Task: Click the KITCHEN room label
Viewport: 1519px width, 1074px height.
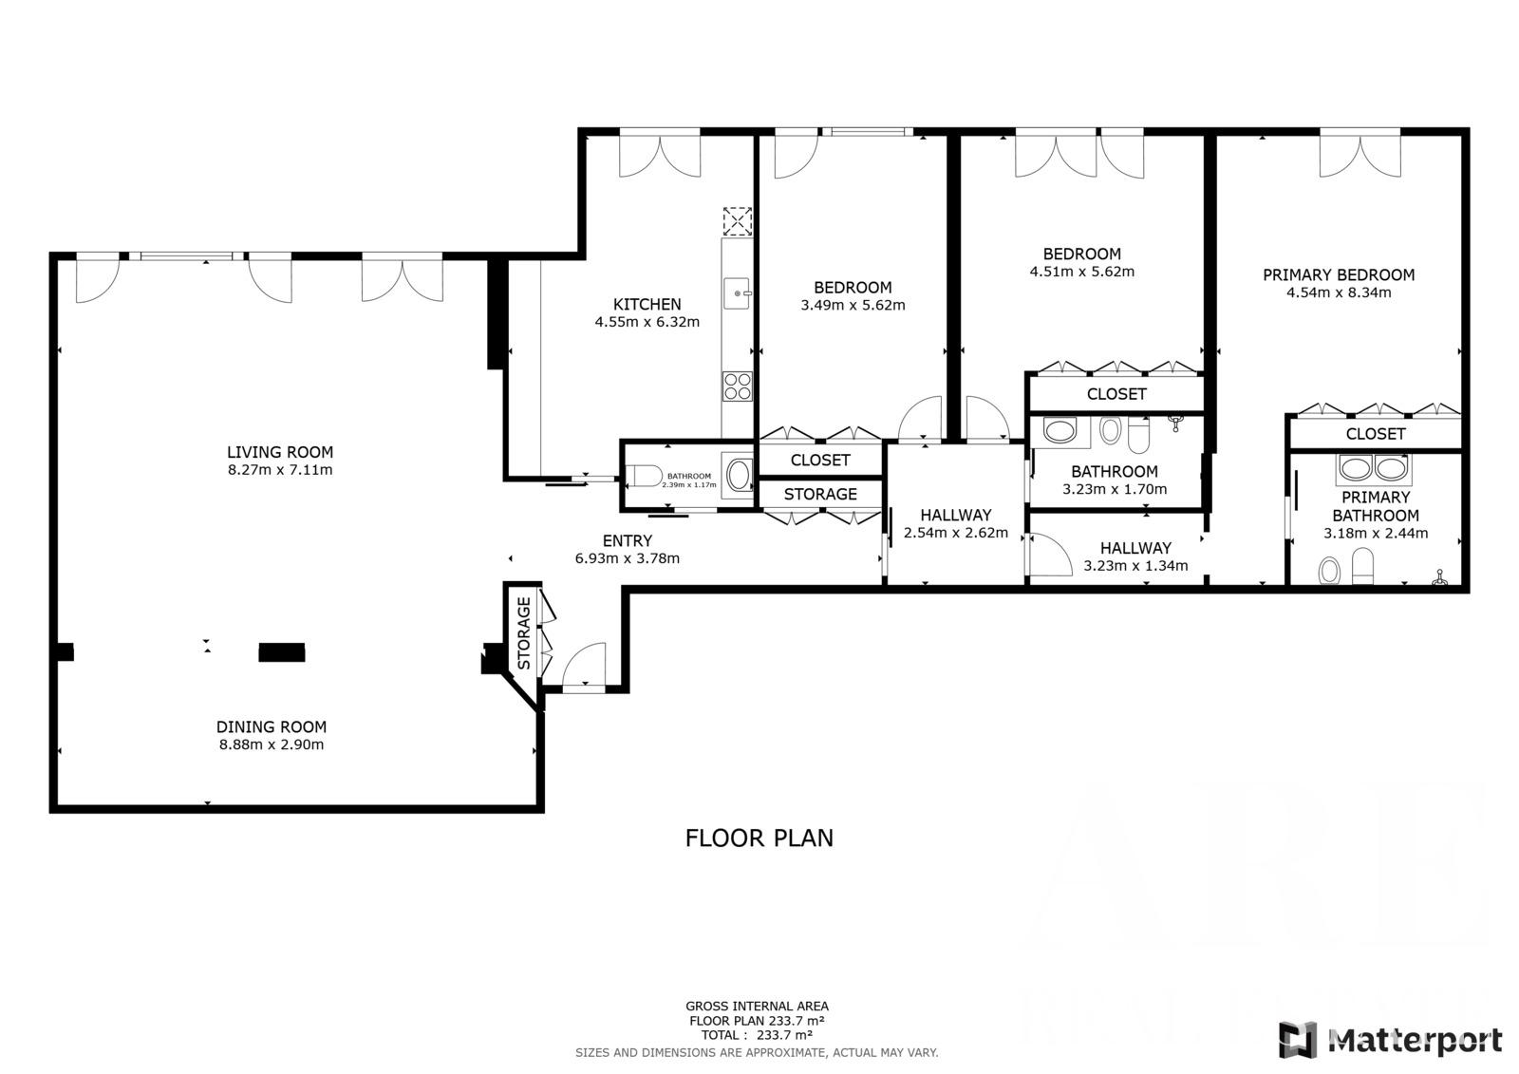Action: [x=647, y=305]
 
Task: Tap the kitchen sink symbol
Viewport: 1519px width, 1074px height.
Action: [x=737, y=293]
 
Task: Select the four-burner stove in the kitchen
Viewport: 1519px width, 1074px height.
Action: [x=737, y=386]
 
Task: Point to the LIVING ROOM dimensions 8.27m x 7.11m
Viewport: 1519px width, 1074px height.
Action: [x=280, y=470]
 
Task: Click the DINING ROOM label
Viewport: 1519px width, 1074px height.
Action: [x=272, y=727]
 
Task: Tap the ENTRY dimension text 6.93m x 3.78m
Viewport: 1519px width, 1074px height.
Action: [x=628, y=558]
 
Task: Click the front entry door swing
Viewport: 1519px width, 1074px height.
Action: [x=584, y=665]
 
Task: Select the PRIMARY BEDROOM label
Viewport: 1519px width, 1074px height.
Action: [x=1339, y=275]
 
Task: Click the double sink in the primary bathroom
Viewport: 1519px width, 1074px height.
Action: [x=1374, y=469]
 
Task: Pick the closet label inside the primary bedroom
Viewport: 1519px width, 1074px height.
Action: [x=1376, y=434]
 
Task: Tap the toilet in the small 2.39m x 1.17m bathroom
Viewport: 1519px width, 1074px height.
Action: [x=643, y=477]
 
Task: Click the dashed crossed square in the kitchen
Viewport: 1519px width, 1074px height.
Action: [x=737, y=221]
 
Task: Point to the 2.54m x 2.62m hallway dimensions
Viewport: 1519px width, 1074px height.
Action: [x=956, y=534]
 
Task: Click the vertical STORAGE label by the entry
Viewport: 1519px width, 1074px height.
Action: [x=524, y=633]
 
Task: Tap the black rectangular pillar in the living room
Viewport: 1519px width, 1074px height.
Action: [x=282, y=652]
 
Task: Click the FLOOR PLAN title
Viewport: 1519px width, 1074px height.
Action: [x=759, y=838]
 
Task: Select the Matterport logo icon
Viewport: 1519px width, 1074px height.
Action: [x=1298, y=1040]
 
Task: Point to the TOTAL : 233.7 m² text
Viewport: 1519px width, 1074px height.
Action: [x=757, y=1035]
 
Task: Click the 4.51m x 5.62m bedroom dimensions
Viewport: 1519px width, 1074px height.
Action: [x=1082, y=273]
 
